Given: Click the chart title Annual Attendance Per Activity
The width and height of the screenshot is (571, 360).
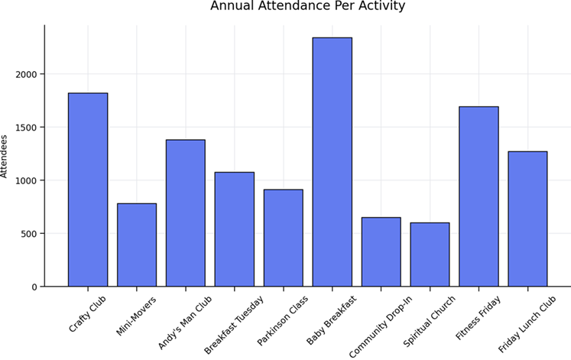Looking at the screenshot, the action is point(308,6).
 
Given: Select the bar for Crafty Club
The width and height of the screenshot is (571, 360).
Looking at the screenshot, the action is point(88,190).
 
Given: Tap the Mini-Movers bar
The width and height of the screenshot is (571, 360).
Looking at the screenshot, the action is point(137,245).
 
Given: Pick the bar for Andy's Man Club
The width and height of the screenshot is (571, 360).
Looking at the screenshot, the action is point(186,213).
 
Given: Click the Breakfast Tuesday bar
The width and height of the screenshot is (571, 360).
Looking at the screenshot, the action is point(235,229).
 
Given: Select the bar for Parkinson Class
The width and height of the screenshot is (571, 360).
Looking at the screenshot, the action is point(284,238).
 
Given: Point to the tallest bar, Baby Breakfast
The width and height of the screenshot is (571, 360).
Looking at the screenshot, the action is point(332,162).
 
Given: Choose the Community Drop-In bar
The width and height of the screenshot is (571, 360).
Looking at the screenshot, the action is point(381,252).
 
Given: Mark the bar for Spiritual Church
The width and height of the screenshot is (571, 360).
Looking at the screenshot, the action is point(430,255).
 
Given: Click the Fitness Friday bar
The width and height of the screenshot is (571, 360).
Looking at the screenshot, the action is point(479,196).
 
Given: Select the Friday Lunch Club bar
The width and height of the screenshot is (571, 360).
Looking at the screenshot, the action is point(527,219).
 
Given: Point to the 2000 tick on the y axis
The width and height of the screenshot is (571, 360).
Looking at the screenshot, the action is point(26,74).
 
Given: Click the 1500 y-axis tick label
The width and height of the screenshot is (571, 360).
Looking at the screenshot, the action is point(26,128).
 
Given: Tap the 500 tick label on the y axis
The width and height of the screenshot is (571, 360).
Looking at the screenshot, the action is point(29,234).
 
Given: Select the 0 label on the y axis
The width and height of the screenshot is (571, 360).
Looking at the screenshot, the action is point(34,287).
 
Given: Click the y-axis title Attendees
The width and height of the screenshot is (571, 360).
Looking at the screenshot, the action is point(4,157).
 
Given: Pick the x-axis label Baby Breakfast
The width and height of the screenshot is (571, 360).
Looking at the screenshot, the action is point(332,319).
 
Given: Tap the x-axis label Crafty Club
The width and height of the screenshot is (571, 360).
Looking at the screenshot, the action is point(87,313).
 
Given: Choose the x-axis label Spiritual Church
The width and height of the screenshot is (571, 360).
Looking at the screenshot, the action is point(430,321).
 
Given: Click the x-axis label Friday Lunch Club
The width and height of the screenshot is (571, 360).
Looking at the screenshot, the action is point(527,323).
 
